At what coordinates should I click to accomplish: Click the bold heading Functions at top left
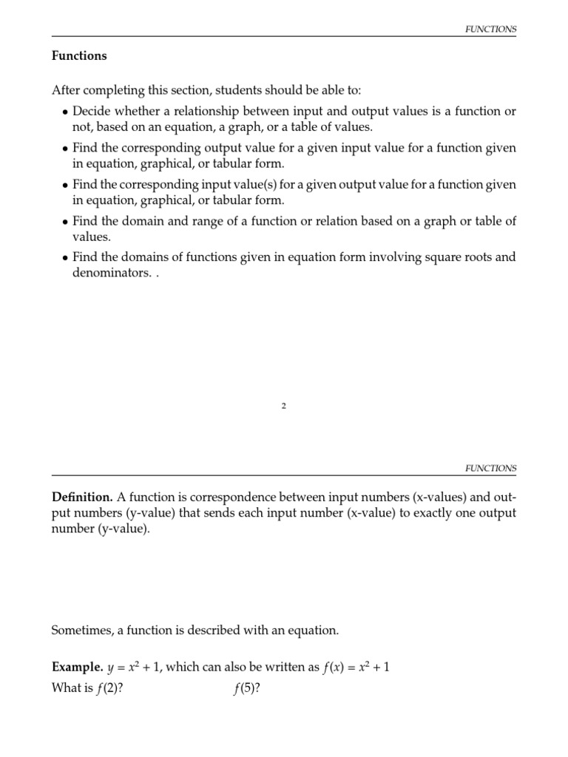coord(79,55)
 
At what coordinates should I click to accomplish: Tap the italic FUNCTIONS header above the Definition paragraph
coord(490,469)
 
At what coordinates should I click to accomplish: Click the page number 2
coord(284,406)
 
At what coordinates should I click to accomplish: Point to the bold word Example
coord(77,668)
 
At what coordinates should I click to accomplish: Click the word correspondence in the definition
coord(225,493)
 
